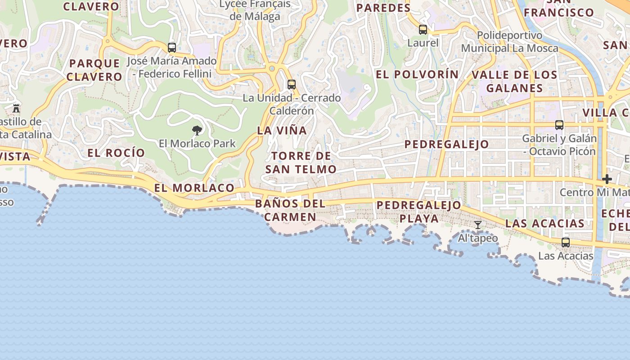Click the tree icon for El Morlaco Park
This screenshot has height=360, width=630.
point(197,130)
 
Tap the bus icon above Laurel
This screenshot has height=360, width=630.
point(423,30)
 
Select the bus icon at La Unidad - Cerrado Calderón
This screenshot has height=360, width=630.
point(292,84)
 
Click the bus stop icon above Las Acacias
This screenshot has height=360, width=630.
point(566,242)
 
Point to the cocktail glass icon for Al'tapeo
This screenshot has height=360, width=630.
point(478,225)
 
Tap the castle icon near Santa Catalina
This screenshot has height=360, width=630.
point(17,108)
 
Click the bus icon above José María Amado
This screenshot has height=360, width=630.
point(172,47)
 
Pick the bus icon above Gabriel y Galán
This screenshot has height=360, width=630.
point(559,125)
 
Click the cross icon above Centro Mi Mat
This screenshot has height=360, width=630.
point(607,179)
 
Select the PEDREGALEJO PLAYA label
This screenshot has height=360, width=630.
point(419,212)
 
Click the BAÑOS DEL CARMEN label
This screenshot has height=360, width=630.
point(290,210)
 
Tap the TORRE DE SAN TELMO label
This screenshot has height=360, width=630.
point(301,162)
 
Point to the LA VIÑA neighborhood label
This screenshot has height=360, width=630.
point(282,130)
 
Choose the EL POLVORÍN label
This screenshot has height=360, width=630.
point(417,74)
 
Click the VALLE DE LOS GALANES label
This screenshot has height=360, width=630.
point(514,81)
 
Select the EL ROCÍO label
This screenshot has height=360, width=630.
point(116,153)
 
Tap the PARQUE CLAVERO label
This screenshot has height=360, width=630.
point(94,70)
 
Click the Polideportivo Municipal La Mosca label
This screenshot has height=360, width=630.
point(509,41)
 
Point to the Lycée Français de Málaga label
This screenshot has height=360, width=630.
point(255,10)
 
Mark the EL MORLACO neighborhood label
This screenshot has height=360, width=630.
point(194,188)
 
